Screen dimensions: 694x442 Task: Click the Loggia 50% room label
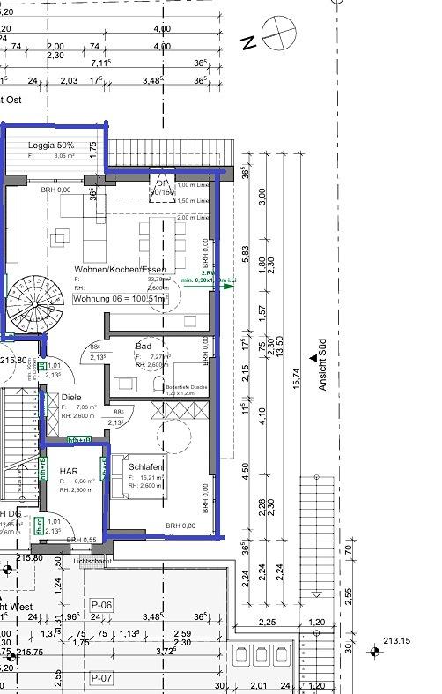pos(52,144)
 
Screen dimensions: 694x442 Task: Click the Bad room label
pos(144,346)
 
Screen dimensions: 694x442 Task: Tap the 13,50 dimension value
pos(280,339)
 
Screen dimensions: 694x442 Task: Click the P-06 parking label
pos(100,604)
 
